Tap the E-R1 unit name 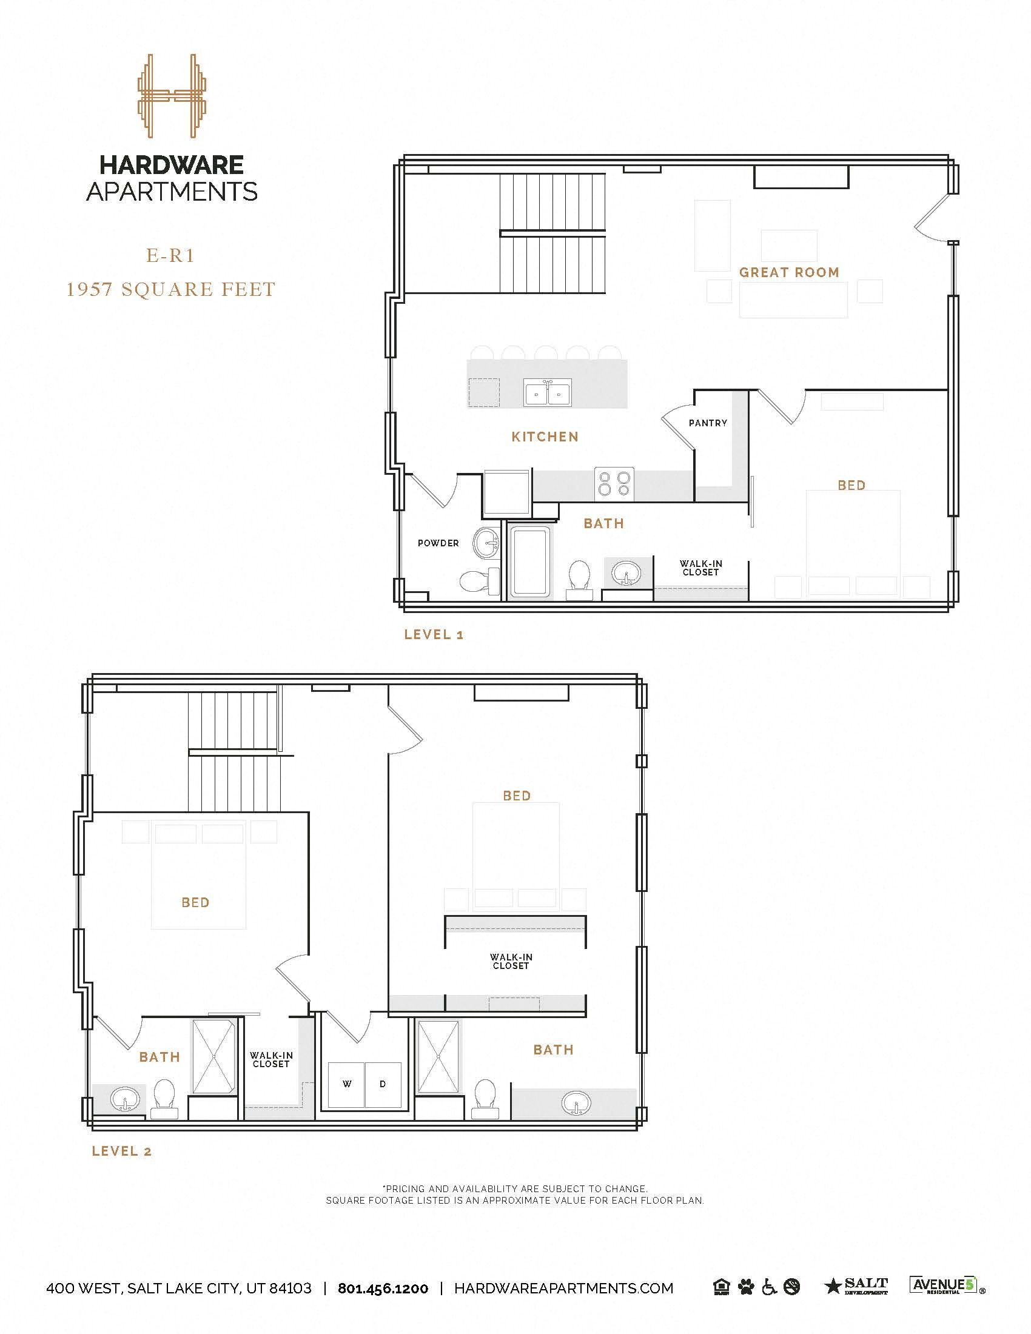pos(170,255)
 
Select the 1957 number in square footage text pos(89,289)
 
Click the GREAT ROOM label pos(789,272)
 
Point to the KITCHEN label pos(545,437)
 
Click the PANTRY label pos(708,423)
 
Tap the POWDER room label pos(438,543)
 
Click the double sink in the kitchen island pos(547,393)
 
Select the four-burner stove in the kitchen pos(614,484)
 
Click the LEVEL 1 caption pos(434,635)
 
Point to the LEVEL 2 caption pos(121,1151)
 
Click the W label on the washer pos(347,1084)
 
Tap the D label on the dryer pos(383,1084)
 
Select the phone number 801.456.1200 pos(383,1288)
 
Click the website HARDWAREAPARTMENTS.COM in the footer pos(564,1288)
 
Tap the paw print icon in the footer pos(746,1287)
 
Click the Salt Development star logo pos(856,1286)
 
